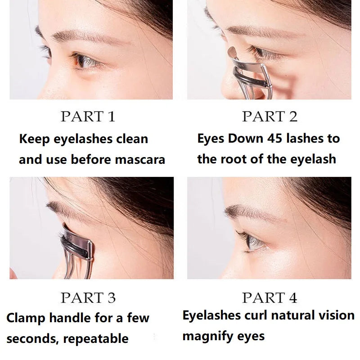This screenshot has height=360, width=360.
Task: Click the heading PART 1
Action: pos(88,117)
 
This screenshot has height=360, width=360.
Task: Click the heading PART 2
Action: pos(270,117)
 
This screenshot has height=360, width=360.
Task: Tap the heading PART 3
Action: pos(88,297)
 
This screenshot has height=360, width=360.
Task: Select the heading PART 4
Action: pos(270,297)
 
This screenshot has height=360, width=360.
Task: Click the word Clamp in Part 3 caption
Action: pos(25,318)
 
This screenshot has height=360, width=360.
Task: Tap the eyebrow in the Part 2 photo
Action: pos(252,31)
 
